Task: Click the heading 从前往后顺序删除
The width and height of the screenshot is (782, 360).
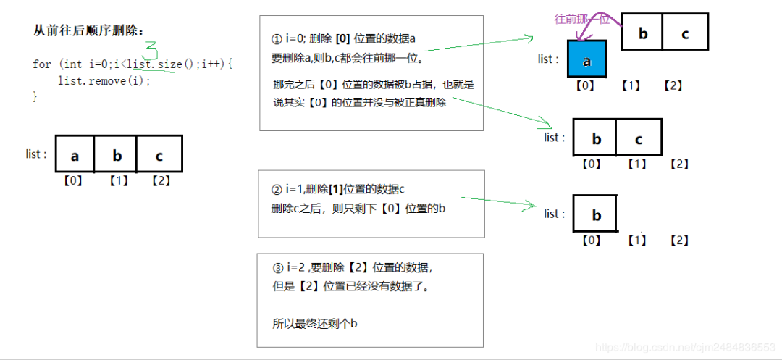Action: click(89, 30)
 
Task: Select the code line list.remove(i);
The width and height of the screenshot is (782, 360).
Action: click(104, 80)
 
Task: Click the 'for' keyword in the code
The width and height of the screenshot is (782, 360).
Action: click(41, 64)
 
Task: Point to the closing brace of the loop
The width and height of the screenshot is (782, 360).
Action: click(35, 96)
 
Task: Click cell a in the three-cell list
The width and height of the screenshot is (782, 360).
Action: click(75, 155)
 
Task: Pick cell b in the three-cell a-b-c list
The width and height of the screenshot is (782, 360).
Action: click(116, 155)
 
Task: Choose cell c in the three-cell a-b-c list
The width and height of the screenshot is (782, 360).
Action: click(159, 155)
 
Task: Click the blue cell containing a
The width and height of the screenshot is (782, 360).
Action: click(586, 61)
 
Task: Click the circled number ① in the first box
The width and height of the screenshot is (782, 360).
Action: click(276, 38)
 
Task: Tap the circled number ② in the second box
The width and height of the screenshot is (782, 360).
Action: click(276, 191)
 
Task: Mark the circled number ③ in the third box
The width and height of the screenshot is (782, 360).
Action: click(276, 268)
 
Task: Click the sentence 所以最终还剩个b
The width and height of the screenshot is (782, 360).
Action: click(315, 324)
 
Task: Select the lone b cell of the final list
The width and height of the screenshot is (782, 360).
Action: click(596, 215)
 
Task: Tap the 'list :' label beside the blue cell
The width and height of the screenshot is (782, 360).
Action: click(548, 59)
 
